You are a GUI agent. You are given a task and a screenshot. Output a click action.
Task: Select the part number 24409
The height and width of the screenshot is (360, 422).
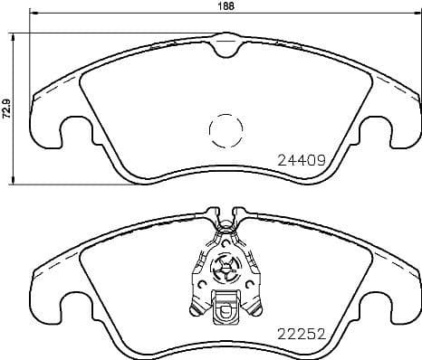click(x=300, y=162)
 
